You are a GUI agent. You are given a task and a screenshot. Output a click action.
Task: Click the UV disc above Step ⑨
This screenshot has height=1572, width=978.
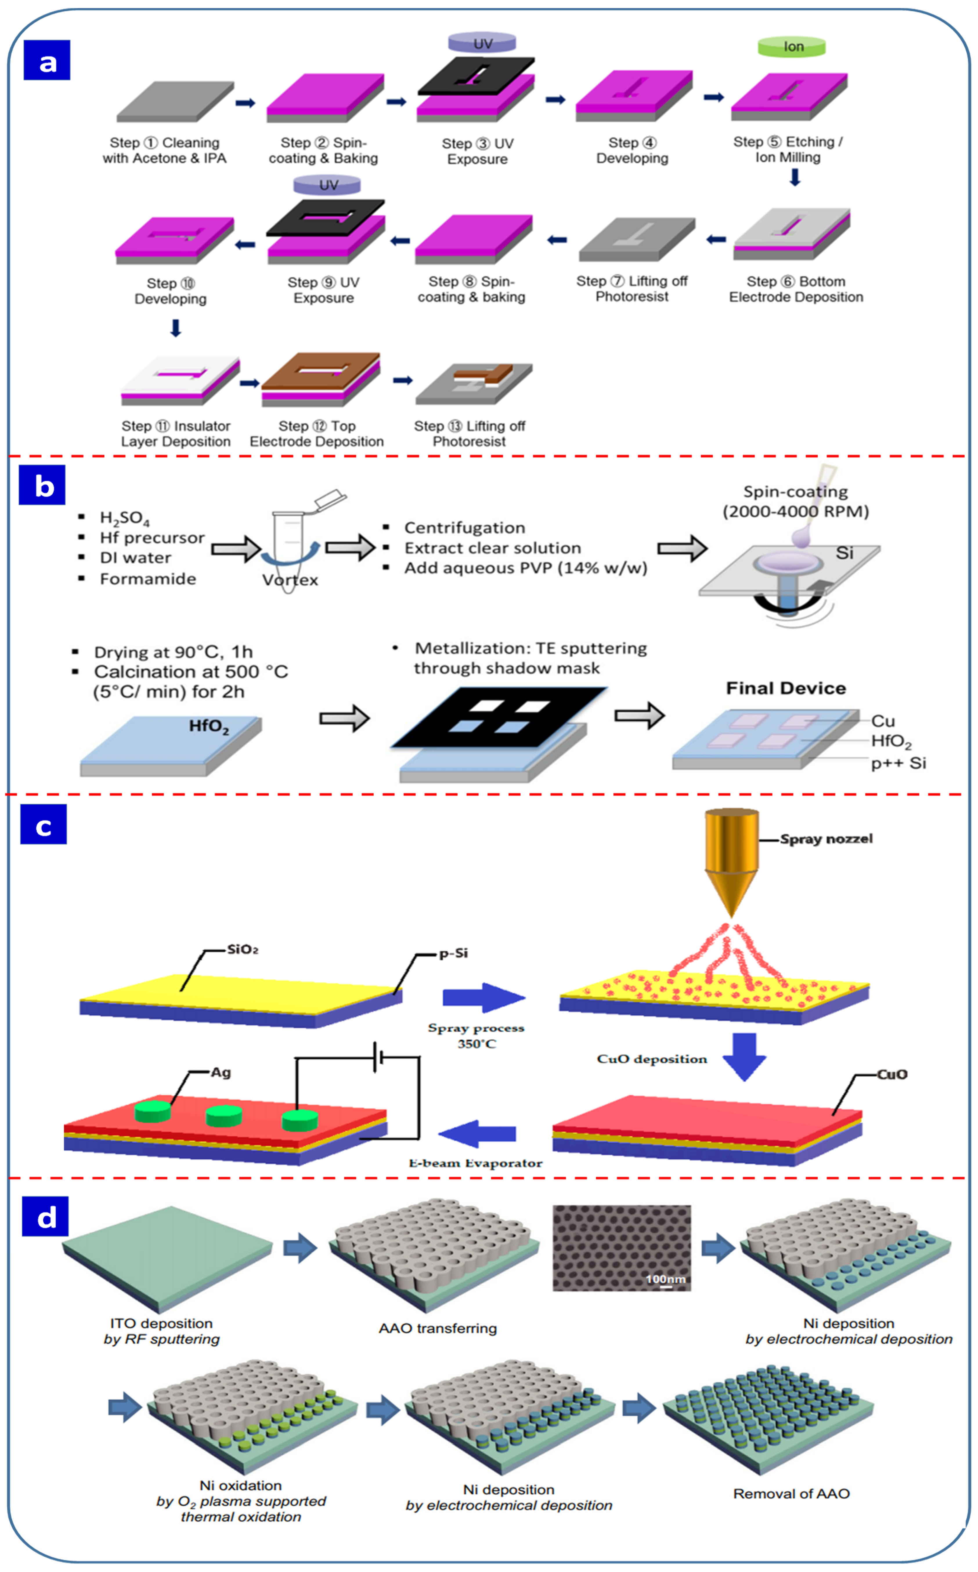coord(327,185)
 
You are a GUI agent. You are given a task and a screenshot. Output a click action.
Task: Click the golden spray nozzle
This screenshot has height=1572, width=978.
coord(731,856)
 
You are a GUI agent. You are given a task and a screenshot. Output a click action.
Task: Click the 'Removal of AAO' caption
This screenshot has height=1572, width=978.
coord(791,1493)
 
